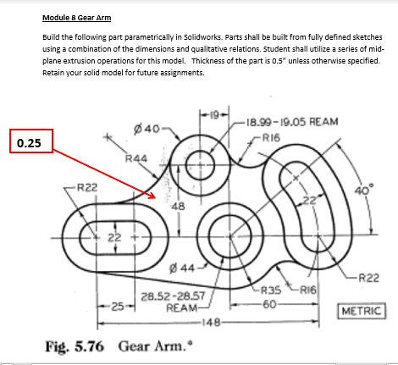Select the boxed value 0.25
(30, 141)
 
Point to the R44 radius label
(135, 158)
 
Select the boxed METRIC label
(362, 311)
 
